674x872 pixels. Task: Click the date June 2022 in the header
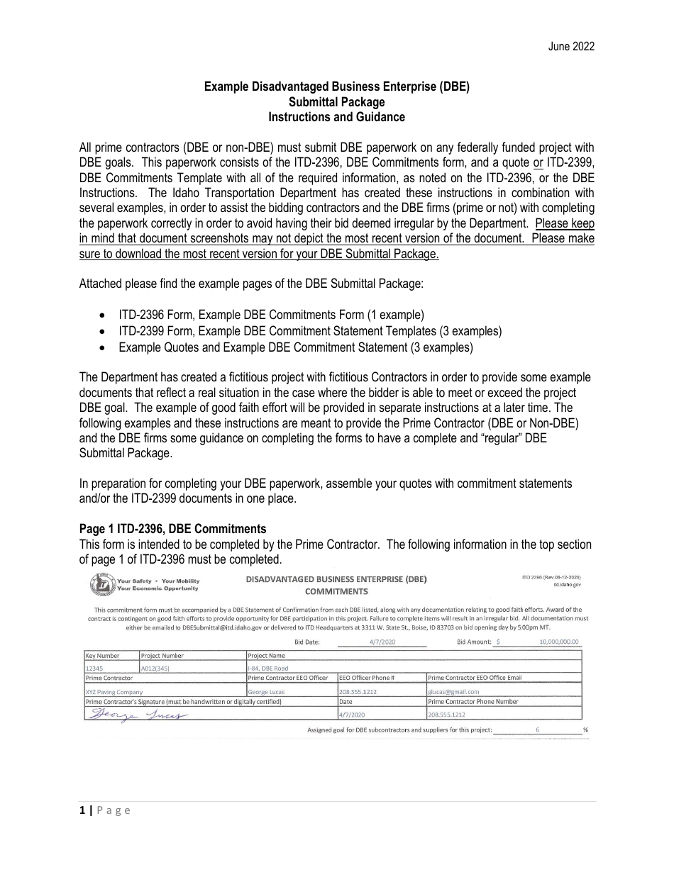571,47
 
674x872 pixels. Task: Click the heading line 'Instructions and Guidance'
337,118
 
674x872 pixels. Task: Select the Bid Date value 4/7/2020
382,642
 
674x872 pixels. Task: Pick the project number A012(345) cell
157,668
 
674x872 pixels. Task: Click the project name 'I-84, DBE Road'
267,668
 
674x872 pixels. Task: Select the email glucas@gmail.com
454,691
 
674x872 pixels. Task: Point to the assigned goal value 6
538,730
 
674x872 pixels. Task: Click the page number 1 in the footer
82,811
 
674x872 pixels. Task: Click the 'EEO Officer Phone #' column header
366,678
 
